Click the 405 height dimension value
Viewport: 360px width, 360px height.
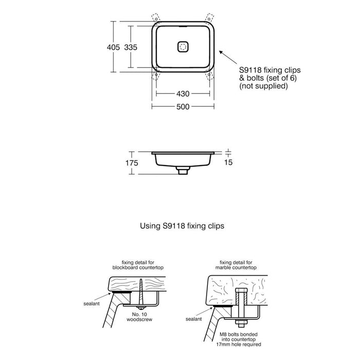pyautogui.click(x=113, y=46)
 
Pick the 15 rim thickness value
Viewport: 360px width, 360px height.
pyautogui.click(x=229, y=163)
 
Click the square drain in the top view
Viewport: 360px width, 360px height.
pyautogui.click(x=183, y=46)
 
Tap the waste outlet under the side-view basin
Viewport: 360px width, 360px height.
pyautogui.click(x=182, y=170)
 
